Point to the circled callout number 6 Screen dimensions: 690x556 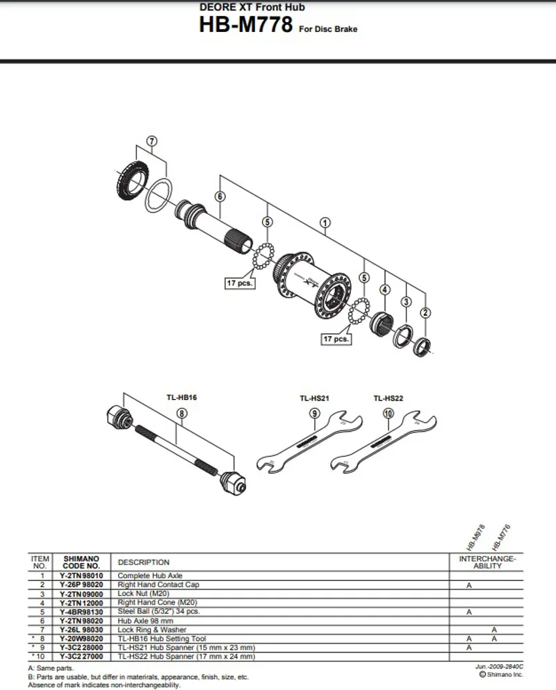point(220,196)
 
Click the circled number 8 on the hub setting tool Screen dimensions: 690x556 point(181,413)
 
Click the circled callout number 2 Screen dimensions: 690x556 point(426,312)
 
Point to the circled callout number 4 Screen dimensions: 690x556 point(384,290)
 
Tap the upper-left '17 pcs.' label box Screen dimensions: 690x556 point(240,283)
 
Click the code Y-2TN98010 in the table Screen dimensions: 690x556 point(81,575)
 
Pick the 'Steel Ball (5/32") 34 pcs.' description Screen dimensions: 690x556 point(159,612)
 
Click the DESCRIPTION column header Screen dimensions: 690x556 point(144,562)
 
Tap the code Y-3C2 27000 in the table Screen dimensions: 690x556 point(81,655)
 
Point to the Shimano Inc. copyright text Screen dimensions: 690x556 point(500,674)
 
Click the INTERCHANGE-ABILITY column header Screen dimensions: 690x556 point(487,562)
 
